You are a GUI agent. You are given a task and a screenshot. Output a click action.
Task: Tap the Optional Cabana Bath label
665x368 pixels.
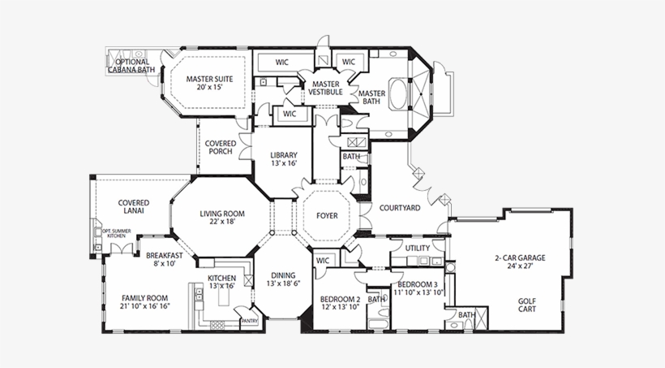coord(131,66)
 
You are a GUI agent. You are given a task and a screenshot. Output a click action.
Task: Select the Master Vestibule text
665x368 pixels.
coord(324,88)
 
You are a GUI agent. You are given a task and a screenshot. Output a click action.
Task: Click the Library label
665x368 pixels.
coord(284,155)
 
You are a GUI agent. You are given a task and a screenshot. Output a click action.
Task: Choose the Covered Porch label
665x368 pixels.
coord(221,148)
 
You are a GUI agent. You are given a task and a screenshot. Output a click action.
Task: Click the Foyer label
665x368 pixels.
coord(326,216)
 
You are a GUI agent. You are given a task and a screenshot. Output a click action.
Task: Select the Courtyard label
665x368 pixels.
coord(401,208)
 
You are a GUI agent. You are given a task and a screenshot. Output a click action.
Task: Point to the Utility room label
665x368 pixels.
coord(417,248)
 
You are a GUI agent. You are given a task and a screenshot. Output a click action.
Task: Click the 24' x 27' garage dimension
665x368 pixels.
coord(519,266)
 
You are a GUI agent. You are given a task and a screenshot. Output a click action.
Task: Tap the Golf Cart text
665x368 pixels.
coord(527,305)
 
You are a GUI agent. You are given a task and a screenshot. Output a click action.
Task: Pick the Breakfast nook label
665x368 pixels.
coord(164,255)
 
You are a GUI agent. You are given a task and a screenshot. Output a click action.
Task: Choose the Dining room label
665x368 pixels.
coord(283,275)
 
